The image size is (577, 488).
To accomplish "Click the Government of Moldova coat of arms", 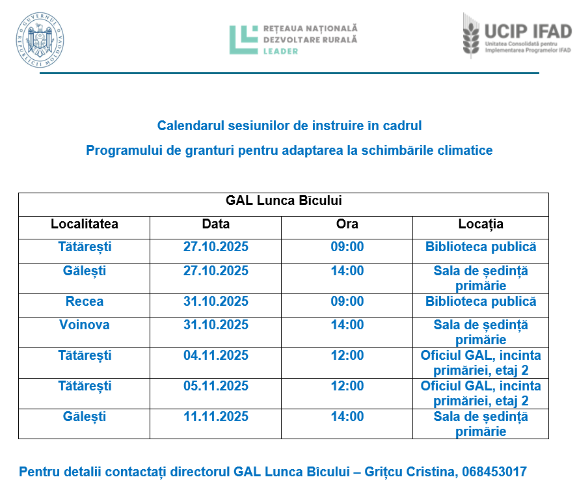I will click(x=40, y=40).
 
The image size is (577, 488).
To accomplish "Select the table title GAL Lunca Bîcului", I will click(x=284, y=201).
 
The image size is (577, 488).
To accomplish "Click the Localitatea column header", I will click(x=85, y=224).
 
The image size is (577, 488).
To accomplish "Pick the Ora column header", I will click(x=347, y=224).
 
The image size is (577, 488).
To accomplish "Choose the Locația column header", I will click(x=481, y=224).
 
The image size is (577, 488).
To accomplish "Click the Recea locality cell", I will click(x=85, y=302).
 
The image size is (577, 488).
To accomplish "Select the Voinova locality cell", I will click(x=85, y=325).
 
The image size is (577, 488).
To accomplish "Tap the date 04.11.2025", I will click(x=216, y=356).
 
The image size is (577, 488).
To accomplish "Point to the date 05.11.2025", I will click(x=216, y=386).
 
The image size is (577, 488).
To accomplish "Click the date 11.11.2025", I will click(x=216, y=416).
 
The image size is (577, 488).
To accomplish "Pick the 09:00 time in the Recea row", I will click(x=347, y=302).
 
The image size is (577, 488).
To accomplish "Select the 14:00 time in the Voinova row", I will click(x=347, y=325).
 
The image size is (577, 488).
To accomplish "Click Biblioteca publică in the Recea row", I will click(x=481, y=302).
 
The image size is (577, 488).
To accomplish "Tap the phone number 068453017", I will click(x=494, y=472).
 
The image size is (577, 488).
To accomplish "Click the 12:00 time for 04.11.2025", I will click(x=347, y=356).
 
